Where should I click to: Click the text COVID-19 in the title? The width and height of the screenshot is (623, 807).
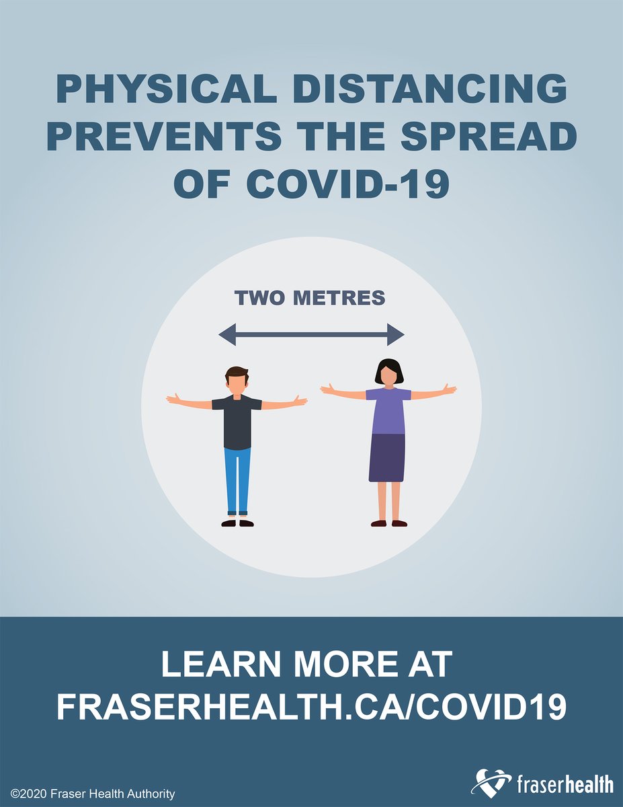click(348, 183)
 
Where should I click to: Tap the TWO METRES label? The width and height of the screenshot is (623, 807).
click(310, 298)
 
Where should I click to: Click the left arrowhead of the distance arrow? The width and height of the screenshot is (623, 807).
click(227, 334)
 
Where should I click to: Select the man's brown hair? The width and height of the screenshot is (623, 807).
click(237, 372)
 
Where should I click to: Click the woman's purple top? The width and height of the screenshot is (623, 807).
click(388, 410)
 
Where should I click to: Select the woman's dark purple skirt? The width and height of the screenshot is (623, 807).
click(387, 457)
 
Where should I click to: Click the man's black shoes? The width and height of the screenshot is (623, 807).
click(237, 523)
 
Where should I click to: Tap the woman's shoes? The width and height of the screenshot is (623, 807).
click(389, 523)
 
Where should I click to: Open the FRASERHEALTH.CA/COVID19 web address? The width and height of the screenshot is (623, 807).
click(311, 707)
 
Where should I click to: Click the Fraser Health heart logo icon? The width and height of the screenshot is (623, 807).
click(492, 783)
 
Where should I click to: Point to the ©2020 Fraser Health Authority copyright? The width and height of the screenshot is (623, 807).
click(93, 794)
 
